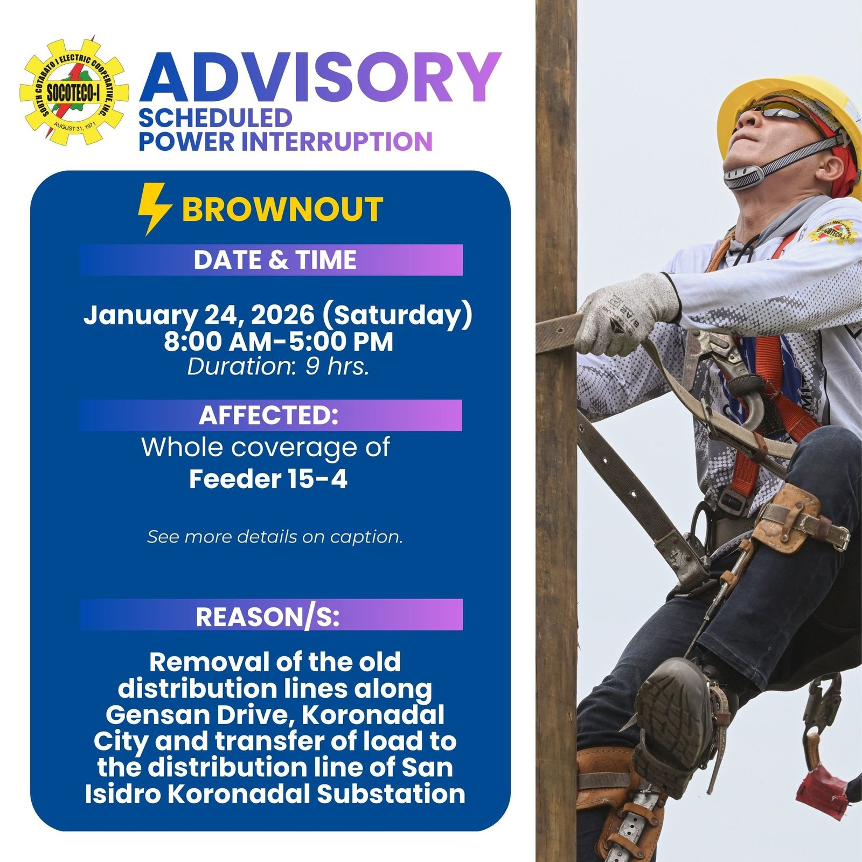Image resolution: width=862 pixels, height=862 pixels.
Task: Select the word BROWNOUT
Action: click(x=282, y=210)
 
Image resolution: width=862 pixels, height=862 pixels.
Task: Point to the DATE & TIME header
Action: click(x=274, y=260)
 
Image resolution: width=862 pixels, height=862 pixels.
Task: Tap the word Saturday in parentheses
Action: click(x=397, y=315)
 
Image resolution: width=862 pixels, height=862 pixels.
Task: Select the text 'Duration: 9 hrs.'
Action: click(x=278, y=367)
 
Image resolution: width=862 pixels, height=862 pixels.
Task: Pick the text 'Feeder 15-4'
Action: click(x=268, y=479)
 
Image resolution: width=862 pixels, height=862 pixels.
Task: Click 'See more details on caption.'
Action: click(x=275, y=537)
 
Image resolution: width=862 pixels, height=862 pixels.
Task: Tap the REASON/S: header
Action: click(x=268, y=617)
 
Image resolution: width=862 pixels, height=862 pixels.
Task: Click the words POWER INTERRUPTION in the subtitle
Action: click(x=286, y=142)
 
